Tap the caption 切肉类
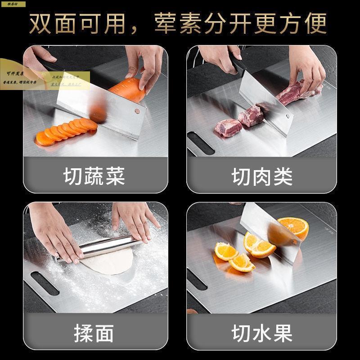click(x=262, y=176)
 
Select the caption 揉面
click(x=94, y=333)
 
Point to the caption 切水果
click(x=262, y=333)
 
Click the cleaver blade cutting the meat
click(x=265, y=99)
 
